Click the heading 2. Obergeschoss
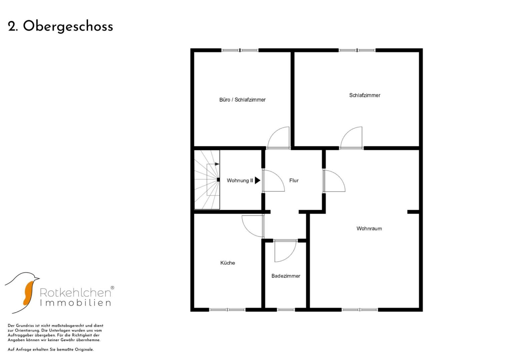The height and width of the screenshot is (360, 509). tap(60, 27)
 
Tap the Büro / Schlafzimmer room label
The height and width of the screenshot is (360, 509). tap(242, 100)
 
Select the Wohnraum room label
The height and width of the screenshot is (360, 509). tap(369, 229)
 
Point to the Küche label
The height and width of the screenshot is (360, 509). tap(227, 263)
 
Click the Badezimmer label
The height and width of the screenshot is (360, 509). tap(286, 276)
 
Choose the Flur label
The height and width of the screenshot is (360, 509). tap(294, 180)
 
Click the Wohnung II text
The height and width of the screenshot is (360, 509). tap(240, 180)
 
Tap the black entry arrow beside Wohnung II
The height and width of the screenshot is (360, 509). tap(257, 180)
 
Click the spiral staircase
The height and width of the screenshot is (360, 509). tap(207, 180)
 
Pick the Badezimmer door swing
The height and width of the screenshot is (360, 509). tap(285, 251)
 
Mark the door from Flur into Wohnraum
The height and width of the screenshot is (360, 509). tap(334, 181)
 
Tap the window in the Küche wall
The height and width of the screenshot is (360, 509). tap(227, 310)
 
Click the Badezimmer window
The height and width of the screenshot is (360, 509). tap(286, 310)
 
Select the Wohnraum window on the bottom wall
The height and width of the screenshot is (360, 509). tap(360, 310)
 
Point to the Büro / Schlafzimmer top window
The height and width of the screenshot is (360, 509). tap(240, 50)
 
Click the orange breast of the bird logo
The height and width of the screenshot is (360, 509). tap(29, 293)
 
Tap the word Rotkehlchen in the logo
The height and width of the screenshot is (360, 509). tap(75, 293)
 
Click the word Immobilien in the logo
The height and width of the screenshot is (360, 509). tap(75, 303)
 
